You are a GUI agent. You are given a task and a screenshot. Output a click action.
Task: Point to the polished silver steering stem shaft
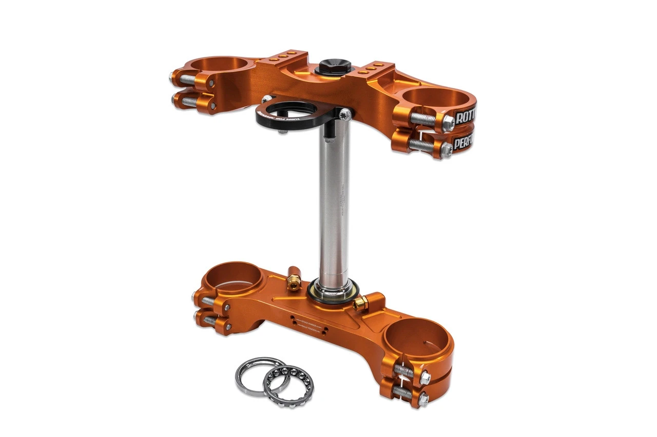[334, 205]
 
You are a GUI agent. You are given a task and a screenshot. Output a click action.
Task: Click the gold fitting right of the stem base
[361, 303]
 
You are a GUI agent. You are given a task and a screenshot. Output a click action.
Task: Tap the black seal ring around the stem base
[334, 294]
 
